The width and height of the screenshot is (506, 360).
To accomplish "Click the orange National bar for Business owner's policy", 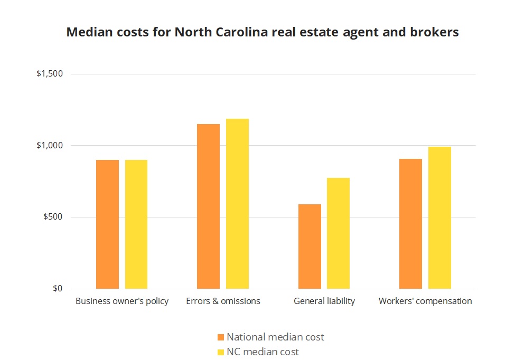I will (x=107, y=224).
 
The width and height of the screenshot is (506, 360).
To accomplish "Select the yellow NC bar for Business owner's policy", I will (x=136, y=224).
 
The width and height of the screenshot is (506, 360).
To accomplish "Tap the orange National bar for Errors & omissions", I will (x=208, y=206).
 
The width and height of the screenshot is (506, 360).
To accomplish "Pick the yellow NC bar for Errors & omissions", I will (x=237, y=204).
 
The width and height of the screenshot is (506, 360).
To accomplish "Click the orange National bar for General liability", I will (x=310, y=247).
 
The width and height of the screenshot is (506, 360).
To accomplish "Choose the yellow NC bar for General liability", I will (x=338, y=233).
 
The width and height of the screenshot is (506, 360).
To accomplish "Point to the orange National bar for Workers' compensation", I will (x=410, y=224).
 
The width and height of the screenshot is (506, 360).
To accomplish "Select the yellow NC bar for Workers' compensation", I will (x=439, y=218).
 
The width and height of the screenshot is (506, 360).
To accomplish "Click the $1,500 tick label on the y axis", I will (x=50, y=74).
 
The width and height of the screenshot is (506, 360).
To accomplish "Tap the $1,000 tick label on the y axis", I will (x=50, y=146).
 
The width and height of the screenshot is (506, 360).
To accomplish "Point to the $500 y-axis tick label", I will (x=53, y=217).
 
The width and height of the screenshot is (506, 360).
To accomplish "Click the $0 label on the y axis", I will (x=57, y=289).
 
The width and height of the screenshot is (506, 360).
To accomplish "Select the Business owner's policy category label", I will (x=122, y=301).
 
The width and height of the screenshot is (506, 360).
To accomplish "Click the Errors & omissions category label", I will (x=223, y=301).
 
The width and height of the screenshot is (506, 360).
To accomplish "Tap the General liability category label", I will (x=324, y=301).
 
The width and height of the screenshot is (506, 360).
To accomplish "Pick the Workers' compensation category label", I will (x=425, y=301).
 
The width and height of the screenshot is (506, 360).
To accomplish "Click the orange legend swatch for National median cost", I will (x=221, y=337).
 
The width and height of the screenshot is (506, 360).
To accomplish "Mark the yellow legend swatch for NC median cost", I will (x=221, y=352).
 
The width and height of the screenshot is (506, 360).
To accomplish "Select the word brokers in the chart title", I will (x=433, y=33).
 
